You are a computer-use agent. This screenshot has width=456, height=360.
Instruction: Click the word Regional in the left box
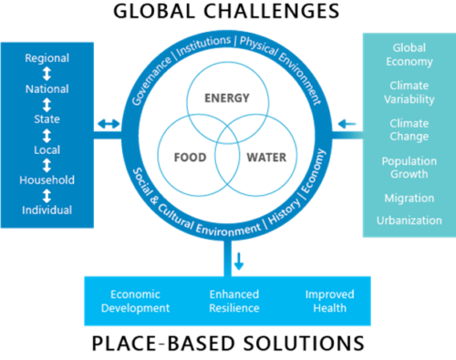tap(47, 58)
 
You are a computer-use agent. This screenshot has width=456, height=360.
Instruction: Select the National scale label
tap(47, 89)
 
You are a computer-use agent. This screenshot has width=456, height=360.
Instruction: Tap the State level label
tap(47, 119)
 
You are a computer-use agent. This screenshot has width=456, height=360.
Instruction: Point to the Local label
tap(47, 149)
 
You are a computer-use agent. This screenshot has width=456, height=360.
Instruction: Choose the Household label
tap(47, 180)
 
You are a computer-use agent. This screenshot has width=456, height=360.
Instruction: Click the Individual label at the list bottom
tap(47, 211)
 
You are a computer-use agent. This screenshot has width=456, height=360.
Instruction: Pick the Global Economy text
tap(409, 55)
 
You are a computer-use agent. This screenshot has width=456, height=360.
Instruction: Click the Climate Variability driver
tap(409, 92)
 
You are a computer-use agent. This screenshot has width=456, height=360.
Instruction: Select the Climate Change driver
tap(409, 130)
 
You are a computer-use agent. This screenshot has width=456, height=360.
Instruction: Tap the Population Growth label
tap(409, 168)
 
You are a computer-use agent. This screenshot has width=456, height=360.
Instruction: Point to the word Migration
tap(409, 198)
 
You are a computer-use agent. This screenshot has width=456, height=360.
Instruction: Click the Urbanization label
tap(409, 221)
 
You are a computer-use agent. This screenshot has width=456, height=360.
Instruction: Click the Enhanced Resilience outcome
tap(234, 301)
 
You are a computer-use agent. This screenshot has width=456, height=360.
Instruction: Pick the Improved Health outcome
tap(329, 301)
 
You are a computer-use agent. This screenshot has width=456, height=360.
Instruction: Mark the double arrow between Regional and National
tap(47, 74)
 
